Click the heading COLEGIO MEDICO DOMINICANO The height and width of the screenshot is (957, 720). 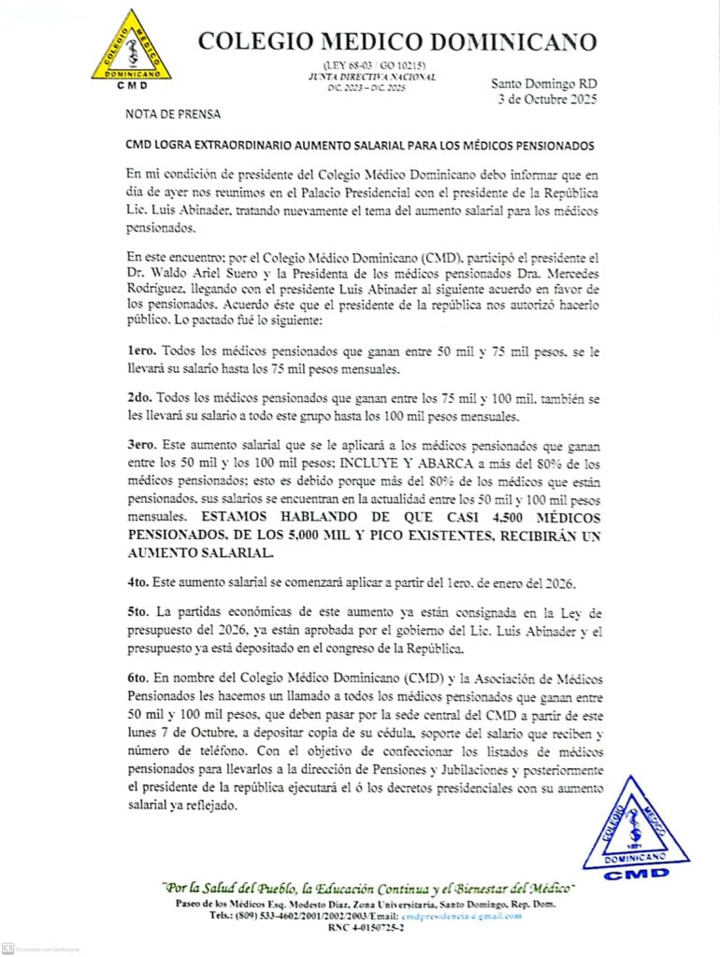[397, 41]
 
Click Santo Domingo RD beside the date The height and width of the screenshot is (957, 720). [544, 82]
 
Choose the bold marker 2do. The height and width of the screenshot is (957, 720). [140, 399]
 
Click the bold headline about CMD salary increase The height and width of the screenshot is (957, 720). [359, 146]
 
